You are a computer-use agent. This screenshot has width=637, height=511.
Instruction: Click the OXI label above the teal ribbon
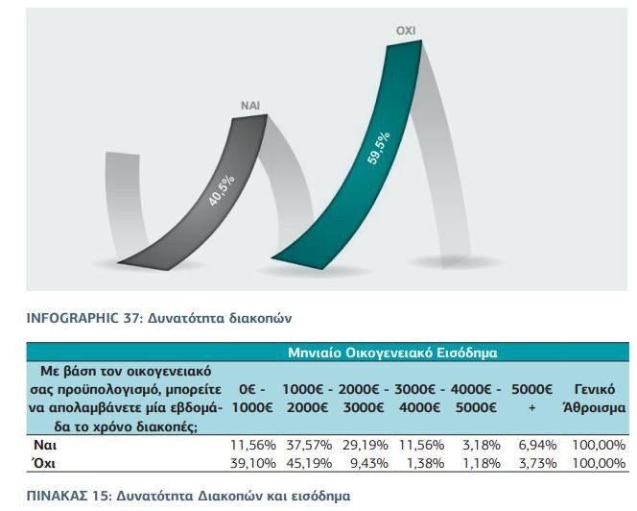[406, 32]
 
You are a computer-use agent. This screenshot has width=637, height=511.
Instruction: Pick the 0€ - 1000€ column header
[253, 398]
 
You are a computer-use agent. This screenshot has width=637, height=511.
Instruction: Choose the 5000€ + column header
[532, 398]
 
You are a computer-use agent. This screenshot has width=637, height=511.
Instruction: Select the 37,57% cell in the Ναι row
[307, 447]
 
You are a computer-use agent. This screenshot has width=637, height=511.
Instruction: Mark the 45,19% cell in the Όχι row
[307, 464]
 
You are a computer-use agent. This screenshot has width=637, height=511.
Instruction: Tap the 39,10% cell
[253, 464]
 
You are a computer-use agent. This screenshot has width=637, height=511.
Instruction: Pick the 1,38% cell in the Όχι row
[420, 464]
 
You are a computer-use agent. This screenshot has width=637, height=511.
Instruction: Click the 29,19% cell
[364, 447]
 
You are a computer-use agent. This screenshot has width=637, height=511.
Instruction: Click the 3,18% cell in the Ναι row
[477, 447]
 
